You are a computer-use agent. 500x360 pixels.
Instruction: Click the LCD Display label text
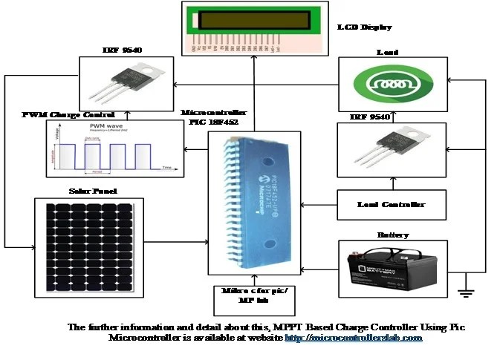tap(364, 27)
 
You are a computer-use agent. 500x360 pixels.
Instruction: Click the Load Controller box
tap(392, 205)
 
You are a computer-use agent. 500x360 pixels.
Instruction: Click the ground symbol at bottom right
tap(467, 292)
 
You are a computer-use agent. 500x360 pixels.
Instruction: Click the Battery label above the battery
tap(392, 235)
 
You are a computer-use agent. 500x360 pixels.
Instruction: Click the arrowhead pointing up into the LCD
tap(253, 59)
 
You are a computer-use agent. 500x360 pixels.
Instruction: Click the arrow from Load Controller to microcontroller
tap(305, 205)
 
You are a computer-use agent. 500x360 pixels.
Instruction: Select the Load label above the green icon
tap(392, 53)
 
